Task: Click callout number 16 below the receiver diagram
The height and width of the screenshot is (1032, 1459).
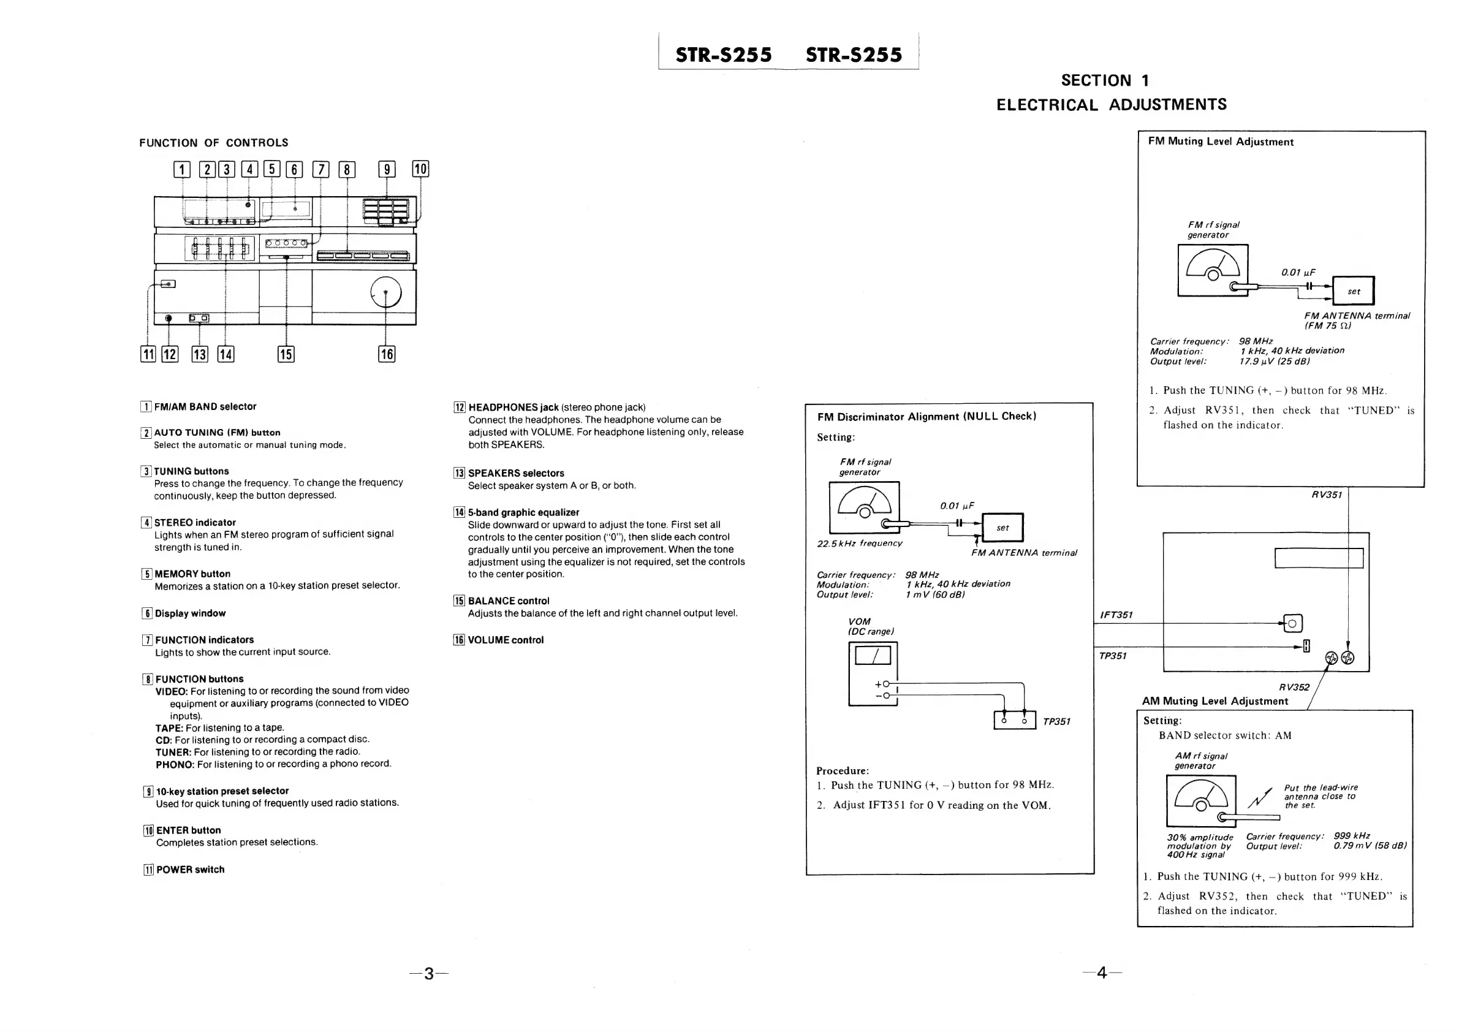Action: [x=387, y=354]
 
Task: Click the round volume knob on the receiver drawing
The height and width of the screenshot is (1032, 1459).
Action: [x=385, y=293]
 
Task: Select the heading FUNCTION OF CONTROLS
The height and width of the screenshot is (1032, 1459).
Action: [x=213, y=143]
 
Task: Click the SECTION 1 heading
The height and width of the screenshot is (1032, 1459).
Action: [x=1104, y=81]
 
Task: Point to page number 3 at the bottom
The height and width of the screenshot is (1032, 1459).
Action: [x=429, y=973]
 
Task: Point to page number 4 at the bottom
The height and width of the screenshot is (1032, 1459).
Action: [x=1101, y=973]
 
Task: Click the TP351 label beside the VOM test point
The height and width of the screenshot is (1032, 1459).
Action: [x=1056, y=721]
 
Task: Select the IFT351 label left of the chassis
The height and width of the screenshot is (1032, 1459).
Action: [x=1116, y=615]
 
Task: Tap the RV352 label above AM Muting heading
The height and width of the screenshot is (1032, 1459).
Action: [x=1294, y=687]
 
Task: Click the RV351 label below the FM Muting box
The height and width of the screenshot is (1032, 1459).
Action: [x=1326, y=495]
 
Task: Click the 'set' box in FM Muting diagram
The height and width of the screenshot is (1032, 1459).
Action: [x=1353, y=291]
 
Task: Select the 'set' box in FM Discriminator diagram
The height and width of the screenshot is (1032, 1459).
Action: [x=1002, y=528]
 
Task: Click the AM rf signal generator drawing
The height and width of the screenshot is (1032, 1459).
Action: [x=1201, y=801]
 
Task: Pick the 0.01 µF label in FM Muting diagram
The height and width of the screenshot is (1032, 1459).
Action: [x=1298, y=272]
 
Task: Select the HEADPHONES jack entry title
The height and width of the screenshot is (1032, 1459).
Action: [x=513, y=408]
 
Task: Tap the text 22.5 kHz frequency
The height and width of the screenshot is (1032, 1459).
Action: [x=859, y=544]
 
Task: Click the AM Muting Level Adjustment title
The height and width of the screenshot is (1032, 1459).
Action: [x=1215, y=701]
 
